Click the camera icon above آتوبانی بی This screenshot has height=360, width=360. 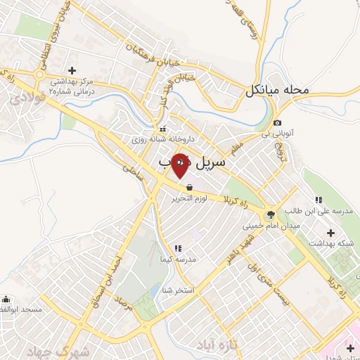[x=278, y=123]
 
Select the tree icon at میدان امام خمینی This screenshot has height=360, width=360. [x=270, y=215]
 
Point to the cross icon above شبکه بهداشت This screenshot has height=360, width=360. [x=331, y=233]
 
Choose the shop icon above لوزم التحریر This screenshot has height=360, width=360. [x=189, y=188]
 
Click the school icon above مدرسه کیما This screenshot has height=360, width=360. [x=177, y=248]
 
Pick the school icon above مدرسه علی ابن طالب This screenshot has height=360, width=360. [x=319, y=199]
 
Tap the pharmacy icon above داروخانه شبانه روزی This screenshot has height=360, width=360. [x=163, y=129]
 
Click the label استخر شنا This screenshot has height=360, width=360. [x=176, y=289]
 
